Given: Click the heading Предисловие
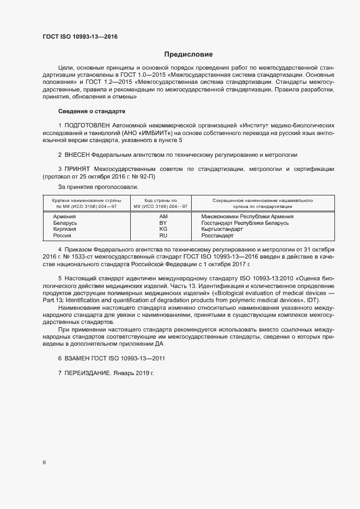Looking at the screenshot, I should pyautogui.click(x=188, y=54).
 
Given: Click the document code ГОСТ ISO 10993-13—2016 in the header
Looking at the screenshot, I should pyautogui.click(x=80, y=37).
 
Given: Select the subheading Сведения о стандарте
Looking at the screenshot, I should pyautogui.click(x=91, y=111).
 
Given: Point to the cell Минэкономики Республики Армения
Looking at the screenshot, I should pyautogui.click(x=247, y=217).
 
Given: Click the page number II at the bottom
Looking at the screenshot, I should pyautogui.click(x=44, y=463).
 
